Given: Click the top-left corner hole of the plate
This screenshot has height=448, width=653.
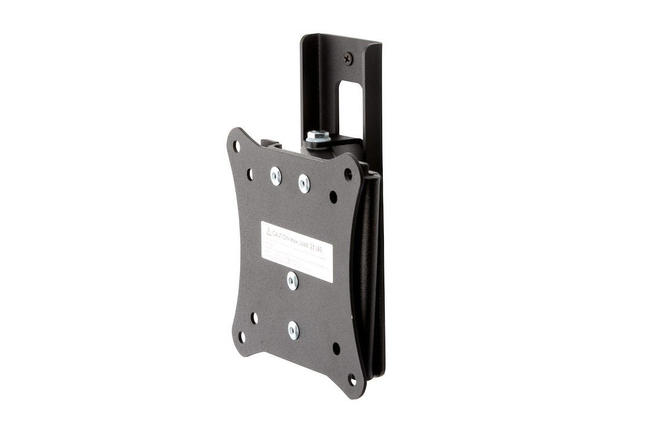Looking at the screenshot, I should coord(237,145).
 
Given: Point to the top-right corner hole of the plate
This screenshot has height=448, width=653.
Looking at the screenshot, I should coord(348,173).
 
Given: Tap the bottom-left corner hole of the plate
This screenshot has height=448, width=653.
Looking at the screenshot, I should coord(242,336).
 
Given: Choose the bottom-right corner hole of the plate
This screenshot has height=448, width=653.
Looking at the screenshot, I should coord(352,379).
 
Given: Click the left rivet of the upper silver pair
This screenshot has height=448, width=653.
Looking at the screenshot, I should coord(276,175).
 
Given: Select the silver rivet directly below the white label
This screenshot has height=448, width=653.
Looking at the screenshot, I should coord(292,279).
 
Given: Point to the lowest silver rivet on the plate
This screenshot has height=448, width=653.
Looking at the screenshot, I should coord(293,330).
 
